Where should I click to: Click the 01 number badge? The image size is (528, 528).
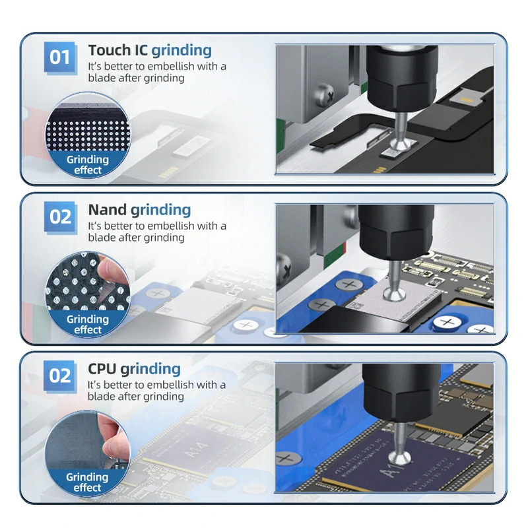tap(60, 57)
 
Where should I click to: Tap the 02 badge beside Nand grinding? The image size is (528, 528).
tap(60, 216)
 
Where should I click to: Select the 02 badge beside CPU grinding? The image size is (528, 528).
tap(60, 376)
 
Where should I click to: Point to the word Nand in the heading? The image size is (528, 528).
tap(106, 210)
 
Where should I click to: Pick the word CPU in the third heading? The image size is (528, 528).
tap(102, 369)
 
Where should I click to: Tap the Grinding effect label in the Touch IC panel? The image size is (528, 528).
tap(87, 164)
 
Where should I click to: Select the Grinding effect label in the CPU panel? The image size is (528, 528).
tap(87, 482)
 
